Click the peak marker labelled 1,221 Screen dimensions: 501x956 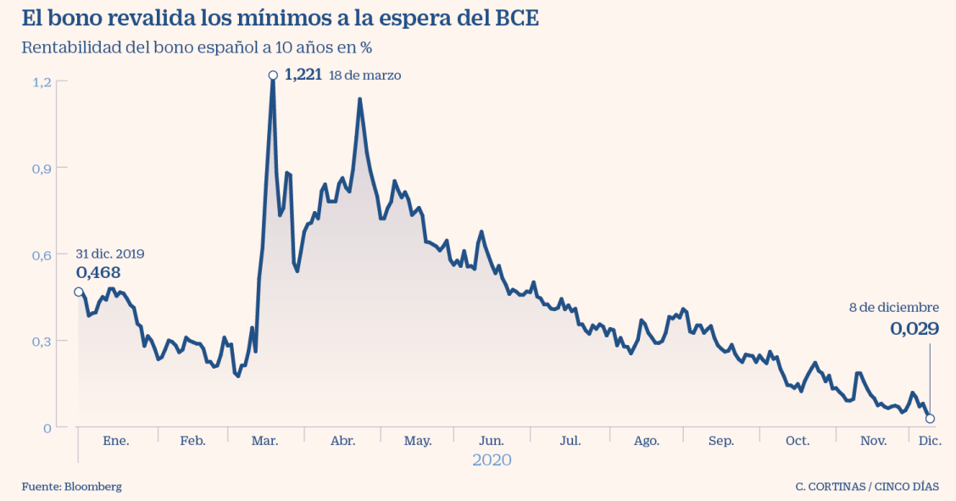pos(273,75)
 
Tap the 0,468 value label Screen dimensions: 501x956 pos(98,272)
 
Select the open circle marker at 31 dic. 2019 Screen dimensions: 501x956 pos(79,292)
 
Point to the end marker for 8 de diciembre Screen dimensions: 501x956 pos(930,419)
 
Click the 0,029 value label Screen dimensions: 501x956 pos(914,329)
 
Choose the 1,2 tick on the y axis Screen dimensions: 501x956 pos(42,81)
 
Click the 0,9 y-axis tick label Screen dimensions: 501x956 pos(42,168)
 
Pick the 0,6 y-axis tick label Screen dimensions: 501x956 pos(42,254)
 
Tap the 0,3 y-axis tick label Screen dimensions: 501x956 pos(42,341)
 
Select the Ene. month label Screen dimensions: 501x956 pos(115,441)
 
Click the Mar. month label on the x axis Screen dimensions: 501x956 pos(265,441)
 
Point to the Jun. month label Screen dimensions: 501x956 pos(492,441)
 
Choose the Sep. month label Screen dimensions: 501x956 pos(721,441)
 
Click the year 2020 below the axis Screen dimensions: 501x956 pos(492,460)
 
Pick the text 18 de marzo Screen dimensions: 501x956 pos(364,75)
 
